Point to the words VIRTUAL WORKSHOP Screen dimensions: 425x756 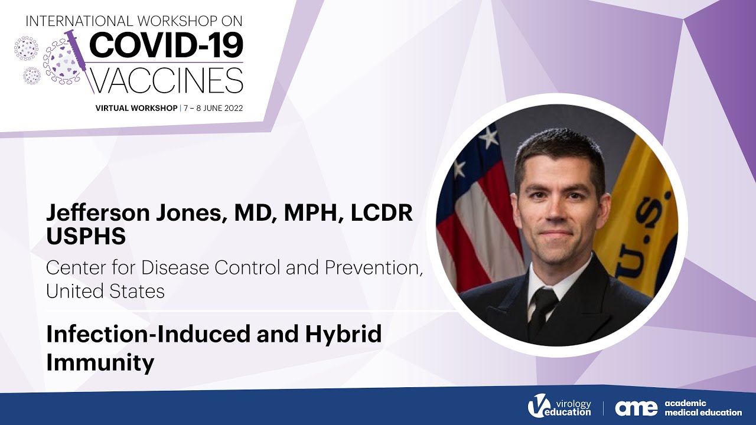pos(136,108)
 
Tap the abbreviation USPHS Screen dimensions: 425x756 pos(86,236)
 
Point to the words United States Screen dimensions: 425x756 pos(105,291)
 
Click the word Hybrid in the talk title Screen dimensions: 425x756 pos(343,335)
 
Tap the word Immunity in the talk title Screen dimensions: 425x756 pos(100,361)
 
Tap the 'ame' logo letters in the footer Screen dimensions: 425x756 pos(636,408)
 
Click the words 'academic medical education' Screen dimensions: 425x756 pos(703,408)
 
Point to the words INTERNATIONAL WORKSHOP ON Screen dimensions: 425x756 pos(134,21)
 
